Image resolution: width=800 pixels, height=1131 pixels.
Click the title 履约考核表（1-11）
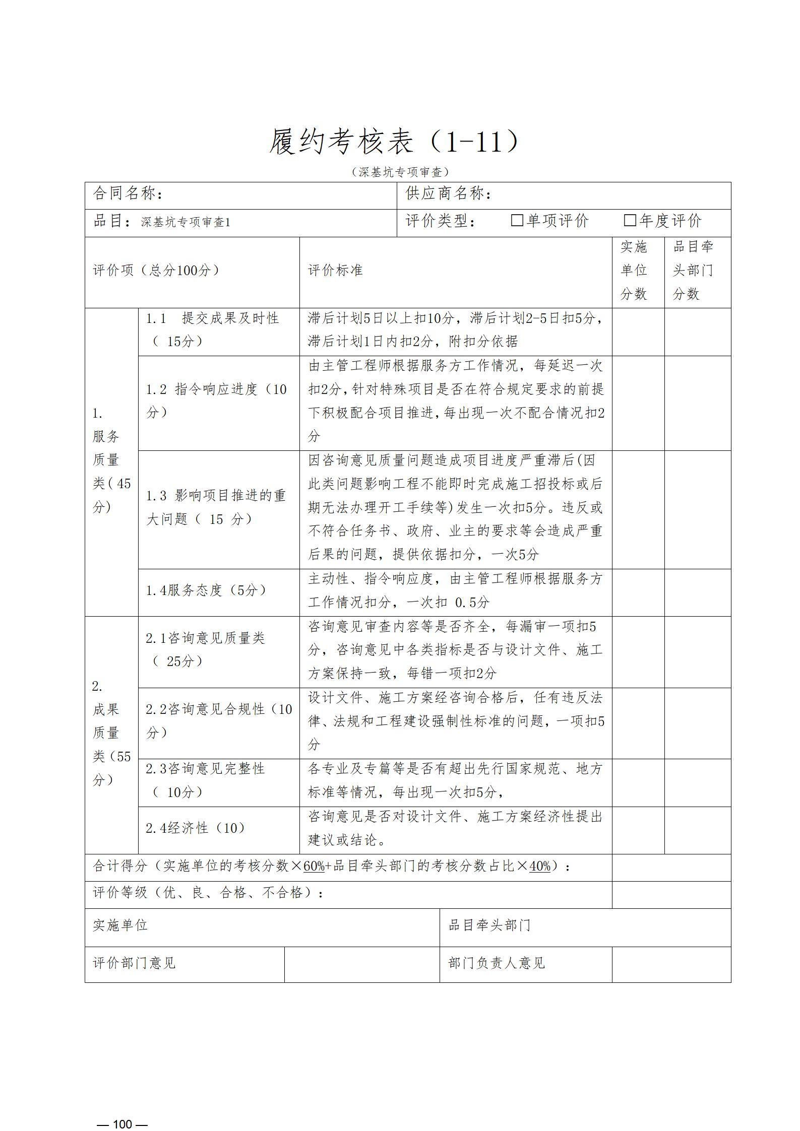pos(393,142)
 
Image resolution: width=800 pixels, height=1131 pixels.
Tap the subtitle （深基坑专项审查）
pos(400,172)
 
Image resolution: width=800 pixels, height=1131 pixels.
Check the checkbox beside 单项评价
pos(517,221)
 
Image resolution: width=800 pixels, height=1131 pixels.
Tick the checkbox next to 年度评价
pos(630,221)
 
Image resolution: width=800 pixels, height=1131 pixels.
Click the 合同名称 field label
pos(128,193)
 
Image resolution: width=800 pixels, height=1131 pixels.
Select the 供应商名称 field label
pos(448,193)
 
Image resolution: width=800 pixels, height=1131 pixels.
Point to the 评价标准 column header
pos(335,271)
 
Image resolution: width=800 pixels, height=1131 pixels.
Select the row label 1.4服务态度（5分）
pos(206,590)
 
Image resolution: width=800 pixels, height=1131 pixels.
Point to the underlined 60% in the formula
pos(314,867)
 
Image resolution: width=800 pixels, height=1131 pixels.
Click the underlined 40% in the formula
pos(540,867)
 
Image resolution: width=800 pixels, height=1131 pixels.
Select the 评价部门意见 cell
pos(134,963)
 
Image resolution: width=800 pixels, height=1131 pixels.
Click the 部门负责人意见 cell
pos(497,963)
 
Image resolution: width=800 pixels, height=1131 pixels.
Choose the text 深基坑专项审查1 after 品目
pos(186,222)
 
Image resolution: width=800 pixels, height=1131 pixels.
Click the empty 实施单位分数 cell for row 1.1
pos(638,331)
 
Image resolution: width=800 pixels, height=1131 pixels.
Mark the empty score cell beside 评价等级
pos(671,894)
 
